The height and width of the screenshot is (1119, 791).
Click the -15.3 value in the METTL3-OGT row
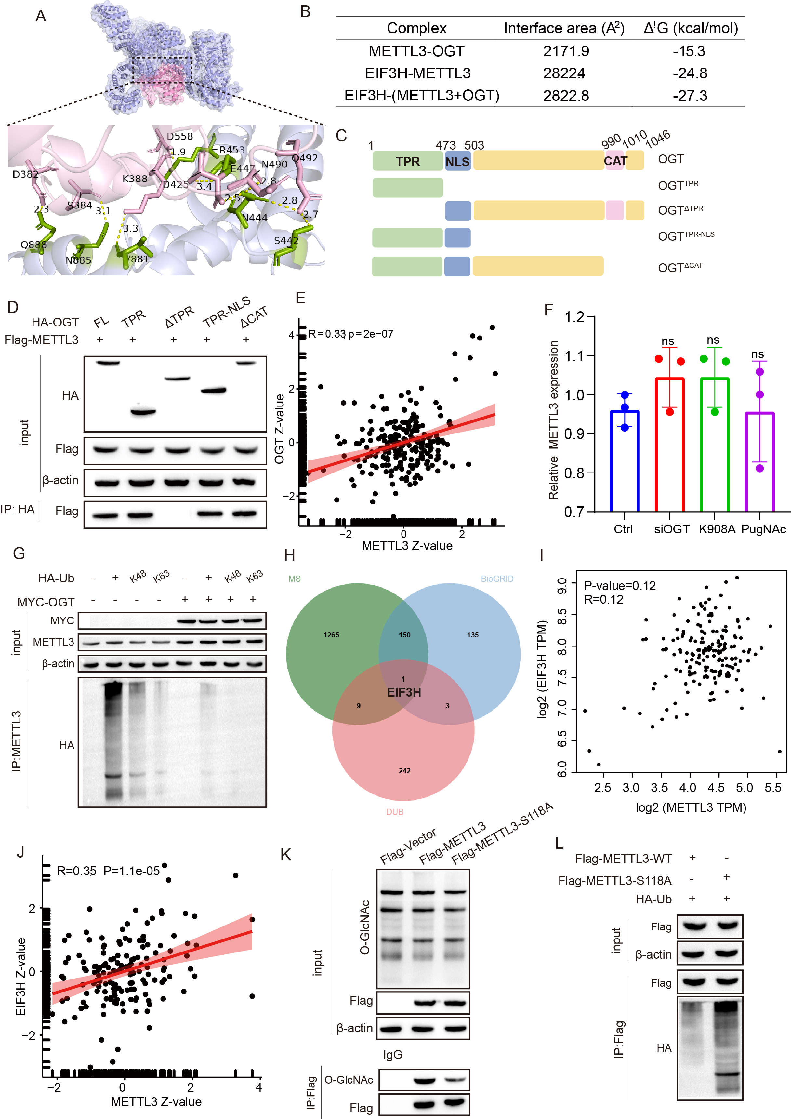click(689, 51)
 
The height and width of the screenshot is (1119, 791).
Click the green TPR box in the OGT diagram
click(407, 161)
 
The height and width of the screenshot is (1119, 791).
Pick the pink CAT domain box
click(615, 161)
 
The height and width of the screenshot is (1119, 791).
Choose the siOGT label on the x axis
click(672, 529)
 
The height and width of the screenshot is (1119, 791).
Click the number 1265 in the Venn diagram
click(331, 635)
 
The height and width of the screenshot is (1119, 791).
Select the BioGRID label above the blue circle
click(497, 579)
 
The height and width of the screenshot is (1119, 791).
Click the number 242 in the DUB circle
click(404, 770)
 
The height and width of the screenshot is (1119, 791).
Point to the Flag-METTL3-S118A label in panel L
click(614, 881)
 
